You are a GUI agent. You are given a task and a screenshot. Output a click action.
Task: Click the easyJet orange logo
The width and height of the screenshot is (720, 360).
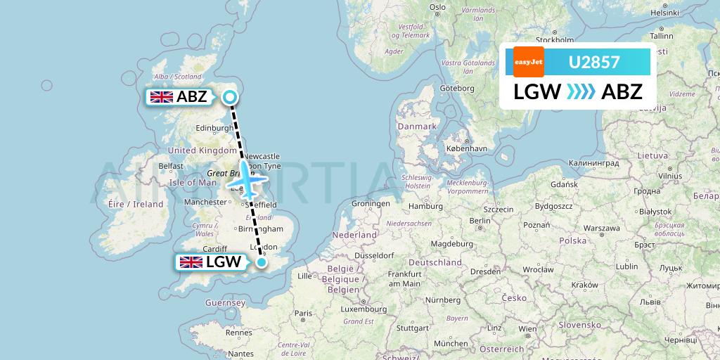tap(529, 62)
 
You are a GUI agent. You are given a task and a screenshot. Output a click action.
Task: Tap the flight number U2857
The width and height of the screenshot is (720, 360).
tap(594, 62)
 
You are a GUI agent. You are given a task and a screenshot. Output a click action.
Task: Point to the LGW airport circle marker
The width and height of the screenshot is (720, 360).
tap(262, 263)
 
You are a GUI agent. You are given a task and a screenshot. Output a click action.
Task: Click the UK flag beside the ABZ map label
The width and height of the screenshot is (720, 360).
tap(162, 97)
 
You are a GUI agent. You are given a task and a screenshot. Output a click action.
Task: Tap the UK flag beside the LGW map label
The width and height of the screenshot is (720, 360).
tap(191, 262)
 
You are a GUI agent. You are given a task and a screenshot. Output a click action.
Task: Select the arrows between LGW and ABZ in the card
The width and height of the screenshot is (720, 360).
tap(581, 92)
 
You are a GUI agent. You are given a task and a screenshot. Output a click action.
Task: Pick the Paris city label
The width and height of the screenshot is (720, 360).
tap(304, 313)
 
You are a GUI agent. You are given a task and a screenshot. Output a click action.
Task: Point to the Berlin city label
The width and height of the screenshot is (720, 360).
tap(480, 220)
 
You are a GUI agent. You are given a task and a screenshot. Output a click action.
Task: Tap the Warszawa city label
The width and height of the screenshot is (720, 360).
tap(600, 229)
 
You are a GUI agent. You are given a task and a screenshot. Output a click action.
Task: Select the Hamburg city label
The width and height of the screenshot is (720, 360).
tap(425, 207)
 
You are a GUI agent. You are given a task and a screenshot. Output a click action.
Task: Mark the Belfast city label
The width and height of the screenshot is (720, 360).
tap(171, 166)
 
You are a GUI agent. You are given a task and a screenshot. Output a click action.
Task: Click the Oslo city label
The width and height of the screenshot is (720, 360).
tap(437, 7)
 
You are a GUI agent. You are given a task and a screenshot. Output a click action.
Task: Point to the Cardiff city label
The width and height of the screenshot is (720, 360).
tap(214, 248)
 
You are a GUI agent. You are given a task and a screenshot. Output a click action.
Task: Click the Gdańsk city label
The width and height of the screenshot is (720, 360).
tap(564, 184)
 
